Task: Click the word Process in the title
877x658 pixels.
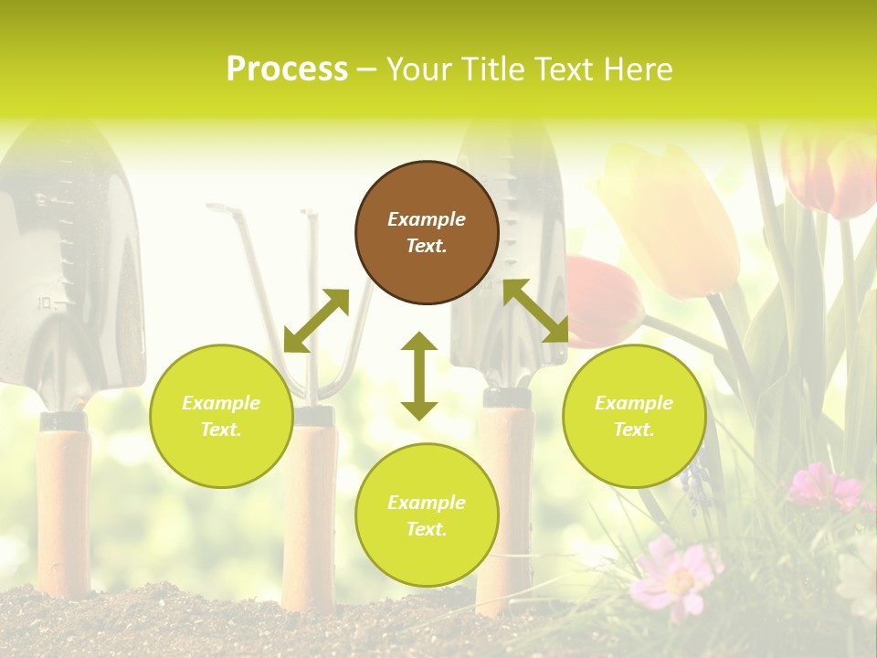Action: (287, 69)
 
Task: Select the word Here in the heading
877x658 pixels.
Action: (637, 69)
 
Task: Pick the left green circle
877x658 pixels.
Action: (221, 416)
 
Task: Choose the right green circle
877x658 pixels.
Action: (634, 416)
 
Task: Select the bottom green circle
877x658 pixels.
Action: (427, 515)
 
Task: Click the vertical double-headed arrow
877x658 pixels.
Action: (419, 376)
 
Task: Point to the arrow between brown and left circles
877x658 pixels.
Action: (316, 321)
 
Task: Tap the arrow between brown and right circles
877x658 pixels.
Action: (536, 311)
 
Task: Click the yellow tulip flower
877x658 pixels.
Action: (671, 219)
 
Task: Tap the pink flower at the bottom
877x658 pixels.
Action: (676, 576)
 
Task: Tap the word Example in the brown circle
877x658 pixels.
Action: (427, 219)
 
